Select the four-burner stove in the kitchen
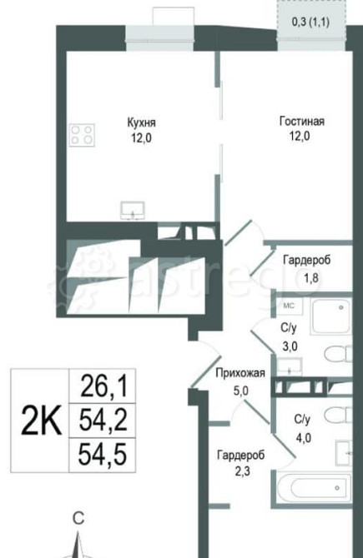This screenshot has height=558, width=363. tap(82, 135)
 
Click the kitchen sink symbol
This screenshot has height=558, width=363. tap(133, 209)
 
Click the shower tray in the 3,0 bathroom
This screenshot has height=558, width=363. tap(332, 316)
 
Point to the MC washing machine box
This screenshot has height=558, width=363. tap(289, 305)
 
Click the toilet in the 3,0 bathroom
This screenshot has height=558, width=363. tap(337, 355)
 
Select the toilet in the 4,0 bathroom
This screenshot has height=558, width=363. tap(337, 415)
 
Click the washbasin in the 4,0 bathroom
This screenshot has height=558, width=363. tap(345, 453)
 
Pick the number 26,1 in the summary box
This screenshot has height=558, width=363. tap(103, 385)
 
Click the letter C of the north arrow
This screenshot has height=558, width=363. tap(78, 518)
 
